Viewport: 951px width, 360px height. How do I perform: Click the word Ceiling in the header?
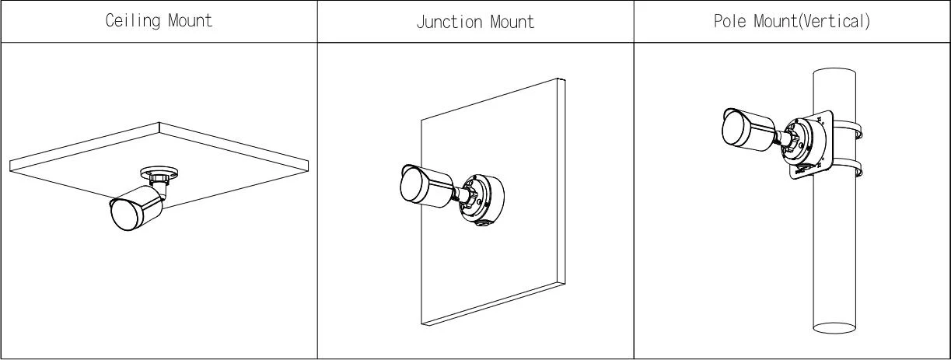[133, 21]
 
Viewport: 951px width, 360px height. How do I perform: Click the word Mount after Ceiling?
[190, 20]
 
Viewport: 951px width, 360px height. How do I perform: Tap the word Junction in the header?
[449, 22]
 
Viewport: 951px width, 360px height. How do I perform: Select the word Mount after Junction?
[512, 22]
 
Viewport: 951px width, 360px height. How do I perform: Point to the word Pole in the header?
[730, 21]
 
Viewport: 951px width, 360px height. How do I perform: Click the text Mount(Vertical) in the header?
[812, 21]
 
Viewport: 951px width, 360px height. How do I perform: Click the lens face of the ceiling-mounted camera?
[125, 215]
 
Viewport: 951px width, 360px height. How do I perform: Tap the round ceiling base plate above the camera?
[159, 173]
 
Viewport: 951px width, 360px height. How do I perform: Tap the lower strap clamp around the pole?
[847, 168]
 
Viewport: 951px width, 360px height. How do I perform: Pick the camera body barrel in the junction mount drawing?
[427, 187]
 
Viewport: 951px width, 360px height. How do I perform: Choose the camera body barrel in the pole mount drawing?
[749, 129]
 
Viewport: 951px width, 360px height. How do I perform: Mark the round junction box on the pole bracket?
[804, 142]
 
